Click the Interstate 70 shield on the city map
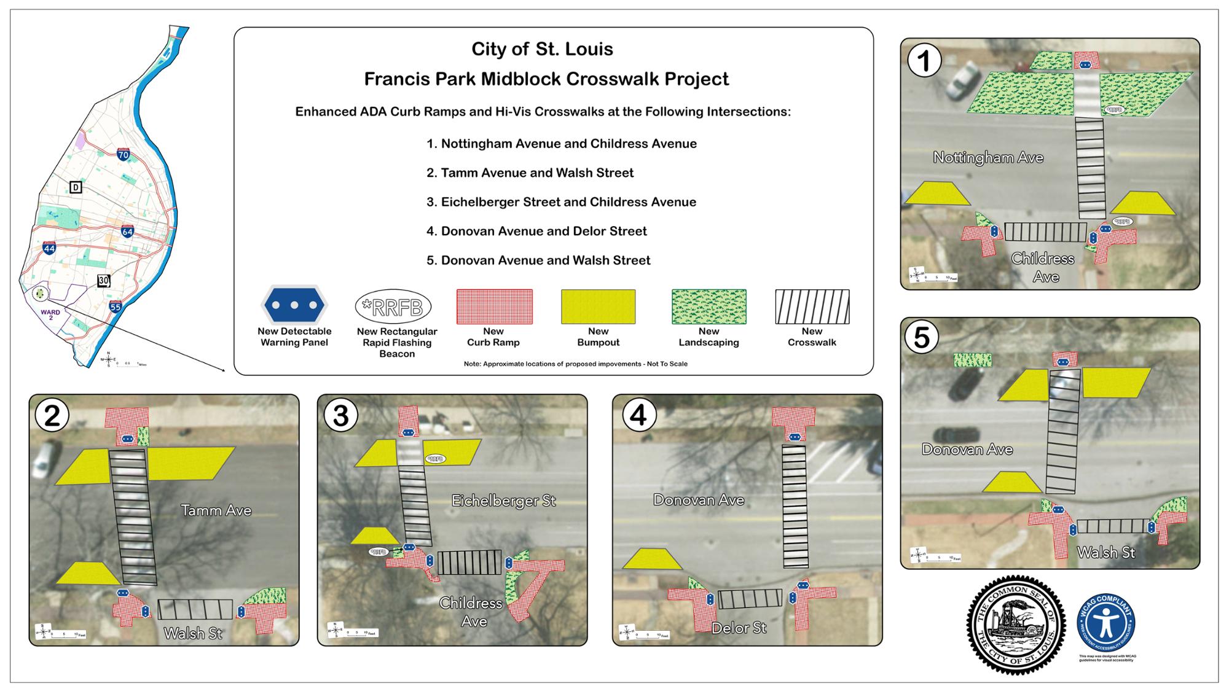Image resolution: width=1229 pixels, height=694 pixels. pos(124,154)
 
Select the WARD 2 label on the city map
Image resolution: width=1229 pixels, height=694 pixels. pos(50,314)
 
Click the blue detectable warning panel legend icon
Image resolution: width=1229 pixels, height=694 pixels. pos(294,305)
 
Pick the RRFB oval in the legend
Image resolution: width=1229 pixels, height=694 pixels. pos(393,306)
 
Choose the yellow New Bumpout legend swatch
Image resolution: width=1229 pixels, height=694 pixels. pos(598,306)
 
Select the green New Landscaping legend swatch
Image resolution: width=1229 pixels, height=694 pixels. pos(709,306)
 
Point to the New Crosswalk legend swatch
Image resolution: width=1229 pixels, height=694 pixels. pos(812,306)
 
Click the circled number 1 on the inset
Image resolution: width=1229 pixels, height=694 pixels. pos(924,61)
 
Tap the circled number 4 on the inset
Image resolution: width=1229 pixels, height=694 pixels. pos(639,416)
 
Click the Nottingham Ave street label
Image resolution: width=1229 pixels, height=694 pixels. pos(988,157)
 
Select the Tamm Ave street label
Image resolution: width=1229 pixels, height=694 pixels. pos(216,510)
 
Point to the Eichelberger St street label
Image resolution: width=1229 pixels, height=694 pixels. pos(503,501)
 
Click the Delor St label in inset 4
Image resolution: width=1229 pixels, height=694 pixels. pos(739,628)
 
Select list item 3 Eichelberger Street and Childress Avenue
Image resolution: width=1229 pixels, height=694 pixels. pos(561,202)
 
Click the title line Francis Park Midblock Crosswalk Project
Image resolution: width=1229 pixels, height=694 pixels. pos(546,79)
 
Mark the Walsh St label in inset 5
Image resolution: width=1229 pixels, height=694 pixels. pos(1105,552)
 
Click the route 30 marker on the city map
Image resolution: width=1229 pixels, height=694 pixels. pos(104,281)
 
